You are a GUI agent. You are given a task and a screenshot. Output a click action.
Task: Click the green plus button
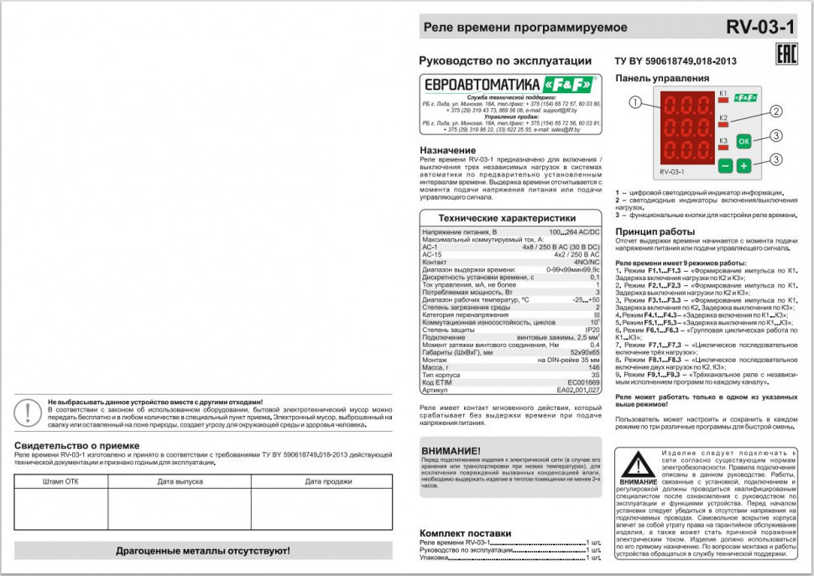point(744,166)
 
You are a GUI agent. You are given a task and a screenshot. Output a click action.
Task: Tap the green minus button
point(725,166)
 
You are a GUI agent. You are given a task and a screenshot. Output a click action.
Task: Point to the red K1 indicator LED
point(723,100)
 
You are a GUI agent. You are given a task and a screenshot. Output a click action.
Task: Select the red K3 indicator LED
point(723,148)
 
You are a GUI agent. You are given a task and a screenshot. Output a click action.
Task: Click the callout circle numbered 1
point(634,102)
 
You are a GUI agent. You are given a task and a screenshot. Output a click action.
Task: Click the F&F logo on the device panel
point(744,99)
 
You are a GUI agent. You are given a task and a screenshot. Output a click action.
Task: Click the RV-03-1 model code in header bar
point(760,27)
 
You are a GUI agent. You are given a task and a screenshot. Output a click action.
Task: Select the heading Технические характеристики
point(510,216)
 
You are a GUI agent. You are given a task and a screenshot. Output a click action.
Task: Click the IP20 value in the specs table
point(591,330)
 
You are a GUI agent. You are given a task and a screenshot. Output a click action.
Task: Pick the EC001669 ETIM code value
point(583,382)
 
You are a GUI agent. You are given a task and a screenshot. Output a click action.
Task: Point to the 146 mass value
point(594,367)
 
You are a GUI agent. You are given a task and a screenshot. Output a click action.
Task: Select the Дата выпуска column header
point(180,481)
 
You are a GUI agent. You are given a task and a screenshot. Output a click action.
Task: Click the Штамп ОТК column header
point(60,481)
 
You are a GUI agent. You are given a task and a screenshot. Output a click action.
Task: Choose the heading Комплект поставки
point(465,533)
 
